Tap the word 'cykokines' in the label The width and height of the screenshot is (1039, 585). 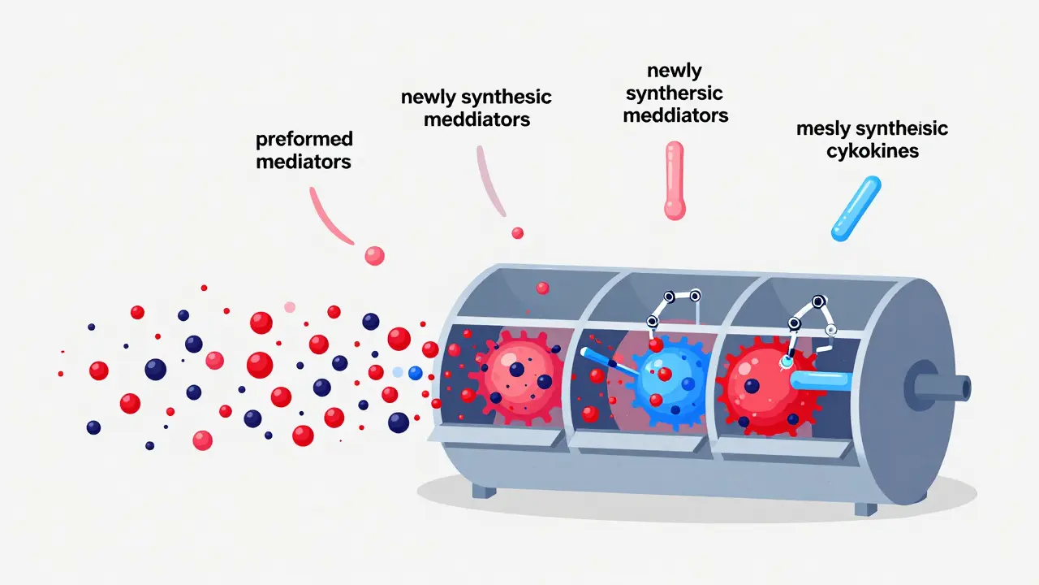click(x=873, y=151)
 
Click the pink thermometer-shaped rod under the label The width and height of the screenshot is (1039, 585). click(x=675, y=180)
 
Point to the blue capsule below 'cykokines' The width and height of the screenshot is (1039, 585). click(x=856, y=209)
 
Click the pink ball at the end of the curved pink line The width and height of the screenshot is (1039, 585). click(x=374, y=255)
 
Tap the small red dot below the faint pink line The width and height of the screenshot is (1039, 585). click(x=517, y=233)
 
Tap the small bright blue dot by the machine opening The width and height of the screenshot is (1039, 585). click(x=416, y=372)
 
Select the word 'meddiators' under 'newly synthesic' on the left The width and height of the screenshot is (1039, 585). click(x=476, y=119)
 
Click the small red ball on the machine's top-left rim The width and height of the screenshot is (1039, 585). click(x=542, y=288)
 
